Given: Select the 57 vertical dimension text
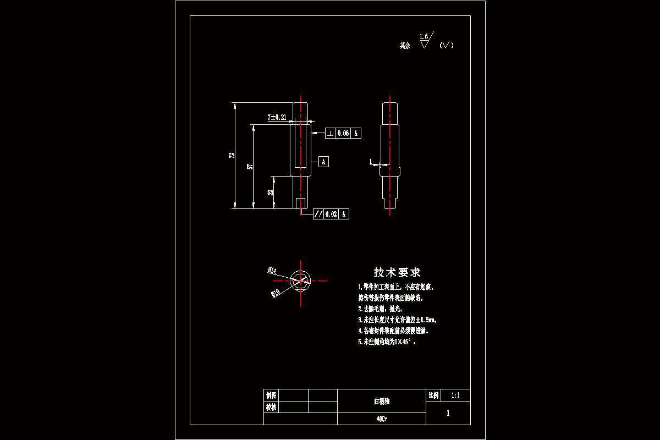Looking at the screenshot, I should click(x=250, y=167).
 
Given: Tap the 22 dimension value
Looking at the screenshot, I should click(x=270, y=192).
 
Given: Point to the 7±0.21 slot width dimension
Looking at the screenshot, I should click(x=277, y=117).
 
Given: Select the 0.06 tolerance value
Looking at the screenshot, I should click(x=343, y=133).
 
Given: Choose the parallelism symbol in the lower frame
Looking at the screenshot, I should click(x=318, y=214).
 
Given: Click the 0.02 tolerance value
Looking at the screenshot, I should click(x=331, y=214).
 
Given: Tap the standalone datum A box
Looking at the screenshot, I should click(x=324, y=162).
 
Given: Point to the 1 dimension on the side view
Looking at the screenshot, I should click(x=371, y=161).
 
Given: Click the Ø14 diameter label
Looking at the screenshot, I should click(x=272, y=270).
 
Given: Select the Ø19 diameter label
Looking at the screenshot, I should click(x=275, y=293).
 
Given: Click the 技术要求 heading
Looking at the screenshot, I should click(x=397, y=272).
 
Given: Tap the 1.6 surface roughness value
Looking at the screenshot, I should click(x=424, y=36).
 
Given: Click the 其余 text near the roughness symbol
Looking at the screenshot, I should click(x=405, y=46).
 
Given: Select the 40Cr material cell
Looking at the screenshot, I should click(x=381, y=419).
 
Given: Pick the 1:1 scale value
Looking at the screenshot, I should click(x=455, y=395).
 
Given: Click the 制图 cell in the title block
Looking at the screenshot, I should click(x=271, y=395).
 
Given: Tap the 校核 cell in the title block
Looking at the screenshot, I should click(x=271, y=407).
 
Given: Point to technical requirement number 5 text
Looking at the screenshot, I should click(x=387, y=342).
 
